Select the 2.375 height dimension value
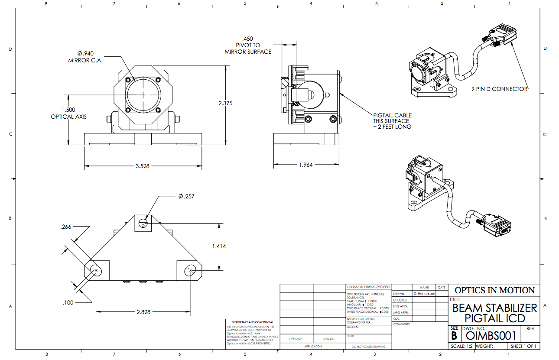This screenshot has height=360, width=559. (226, 103)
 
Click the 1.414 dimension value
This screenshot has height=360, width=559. (219, 246)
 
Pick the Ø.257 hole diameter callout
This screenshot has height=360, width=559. (186, 196)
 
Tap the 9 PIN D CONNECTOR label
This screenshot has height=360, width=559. (500, 89)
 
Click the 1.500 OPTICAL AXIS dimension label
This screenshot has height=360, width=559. (68, 113)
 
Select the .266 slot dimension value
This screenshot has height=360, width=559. (66, 227)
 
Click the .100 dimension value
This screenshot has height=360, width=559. (68, 302)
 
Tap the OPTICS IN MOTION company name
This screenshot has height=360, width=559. (494, 290)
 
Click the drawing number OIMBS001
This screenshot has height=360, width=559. (491, 336)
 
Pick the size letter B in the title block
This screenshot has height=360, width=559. (454, 336)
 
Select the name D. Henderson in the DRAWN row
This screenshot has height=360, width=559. (424, 294)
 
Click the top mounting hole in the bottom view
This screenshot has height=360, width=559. (143, 224)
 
